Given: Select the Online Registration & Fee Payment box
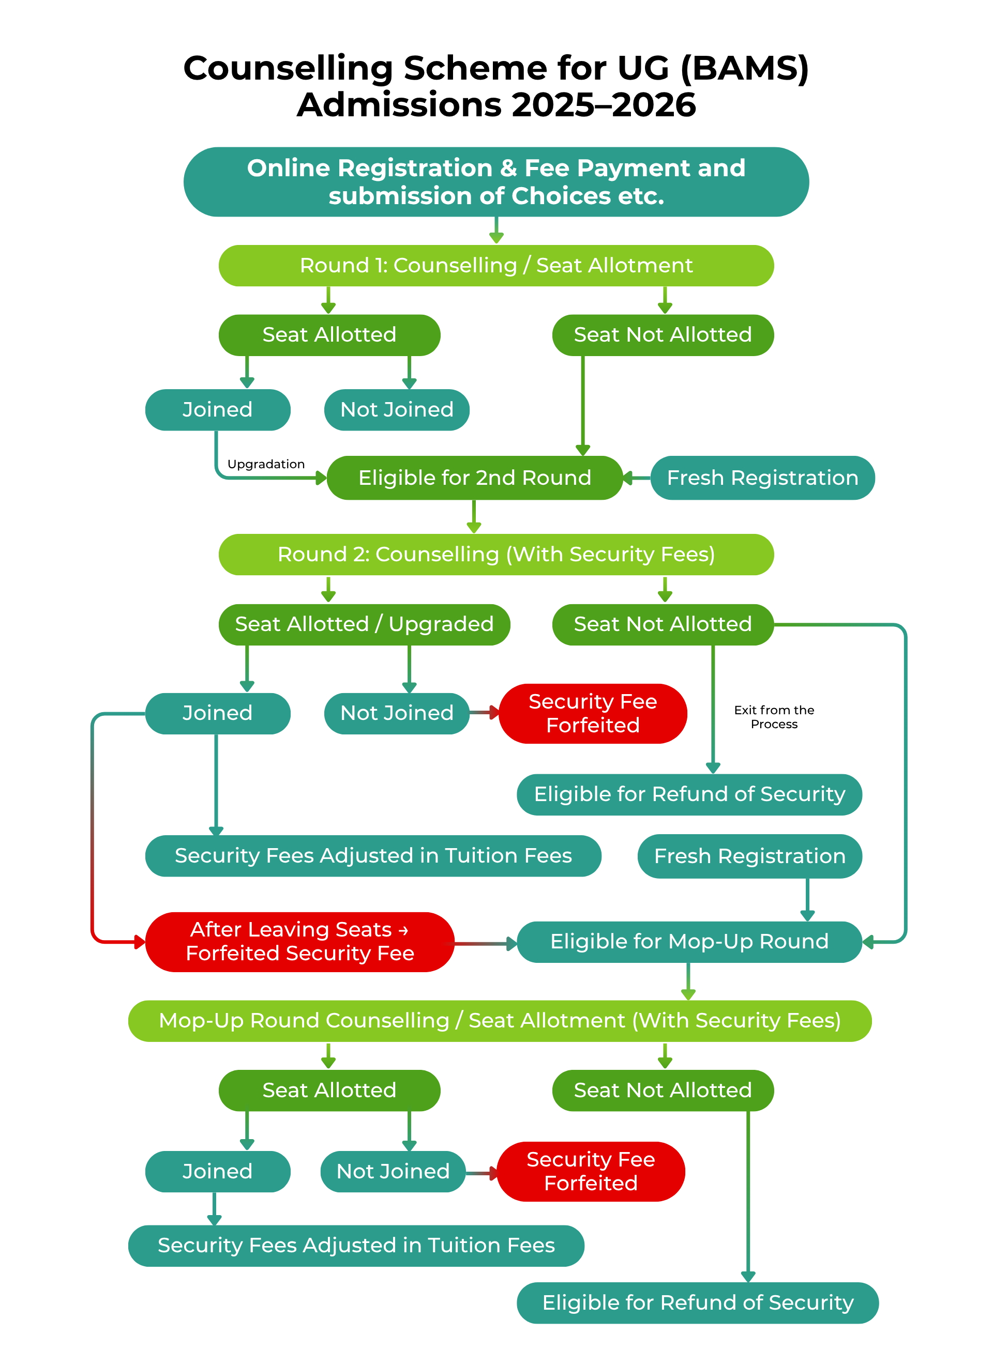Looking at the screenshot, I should coord(496,181).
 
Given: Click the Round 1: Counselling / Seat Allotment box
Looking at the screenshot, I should coord(496,266).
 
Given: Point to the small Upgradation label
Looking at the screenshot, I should coord(266,464).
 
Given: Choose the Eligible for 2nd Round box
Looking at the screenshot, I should coord(474,478).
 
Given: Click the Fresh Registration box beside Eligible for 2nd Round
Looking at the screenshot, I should coord(762,478).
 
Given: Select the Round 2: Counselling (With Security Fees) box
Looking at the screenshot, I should coord(496,554).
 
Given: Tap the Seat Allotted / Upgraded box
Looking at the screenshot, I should coord(364,624).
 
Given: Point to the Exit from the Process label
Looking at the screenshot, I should coord(774,717).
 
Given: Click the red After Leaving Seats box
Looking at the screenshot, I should coord(299,941).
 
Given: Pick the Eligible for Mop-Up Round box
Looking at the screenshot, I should coord(689,941).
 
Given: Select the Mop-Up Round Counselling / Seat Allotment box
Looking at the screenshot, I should coord(500,1021).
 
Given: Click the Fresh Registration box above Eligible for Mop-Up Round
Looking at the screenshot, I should coord(749,856).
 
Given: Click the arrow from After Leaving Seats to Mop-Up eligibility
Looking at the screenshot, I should coord(485,943).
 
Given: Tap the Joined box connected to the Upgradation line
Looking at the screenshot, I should coord(218,409).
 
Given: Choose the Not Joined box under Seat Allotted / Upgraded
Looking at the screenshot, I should coord(397,713).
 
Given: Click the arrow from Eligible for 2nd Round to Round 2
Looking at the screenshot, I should coord(474,517).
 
